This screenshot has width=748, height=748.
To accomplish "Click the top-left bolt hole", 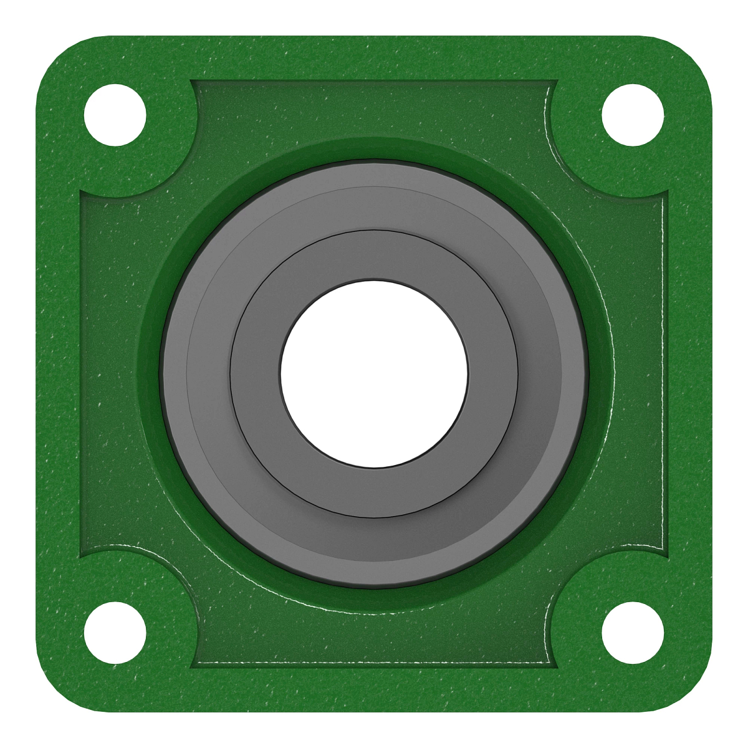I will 115,115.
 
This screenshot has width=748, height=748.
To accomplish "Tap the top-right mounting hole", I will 633,115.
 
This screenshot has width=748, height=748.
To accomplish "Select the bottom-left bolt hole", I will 115,633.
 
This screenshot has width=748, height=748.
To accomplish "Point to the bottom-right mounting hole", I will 633,633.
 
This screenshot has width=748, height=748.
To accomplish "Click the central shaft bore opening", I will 374,374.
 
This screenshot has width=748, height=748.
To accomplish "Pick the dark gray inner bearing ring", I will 374,256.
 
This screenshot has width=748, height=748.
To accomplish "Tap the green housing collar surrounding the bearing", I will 374,150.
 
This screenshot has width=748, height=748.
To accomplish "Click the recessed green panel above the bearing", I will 374,106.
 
